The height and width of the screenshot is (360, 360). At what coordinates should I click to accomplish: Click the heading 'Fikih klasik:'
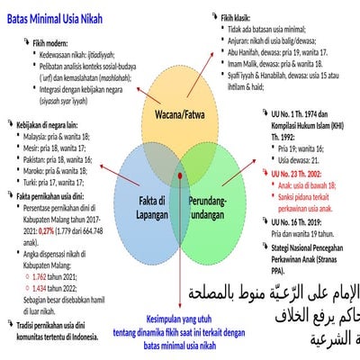(x=239, y=17)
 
